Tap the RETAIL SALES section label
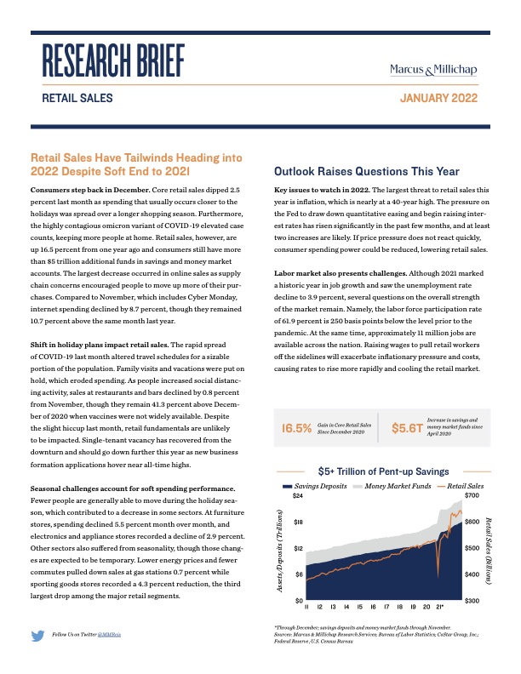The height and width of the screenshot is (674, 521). (77, 99)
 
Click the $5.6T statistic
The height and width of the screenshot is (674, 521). (406, 428)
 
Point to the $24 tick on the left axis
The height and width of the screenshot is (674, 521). (298, 495)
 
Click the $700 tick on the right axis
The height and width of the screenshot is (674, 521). (471, 495)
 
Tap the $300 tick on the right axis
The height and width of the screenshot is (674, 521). (471, 601)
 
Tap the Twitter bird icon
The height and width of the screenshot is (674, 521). (37, 635)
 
